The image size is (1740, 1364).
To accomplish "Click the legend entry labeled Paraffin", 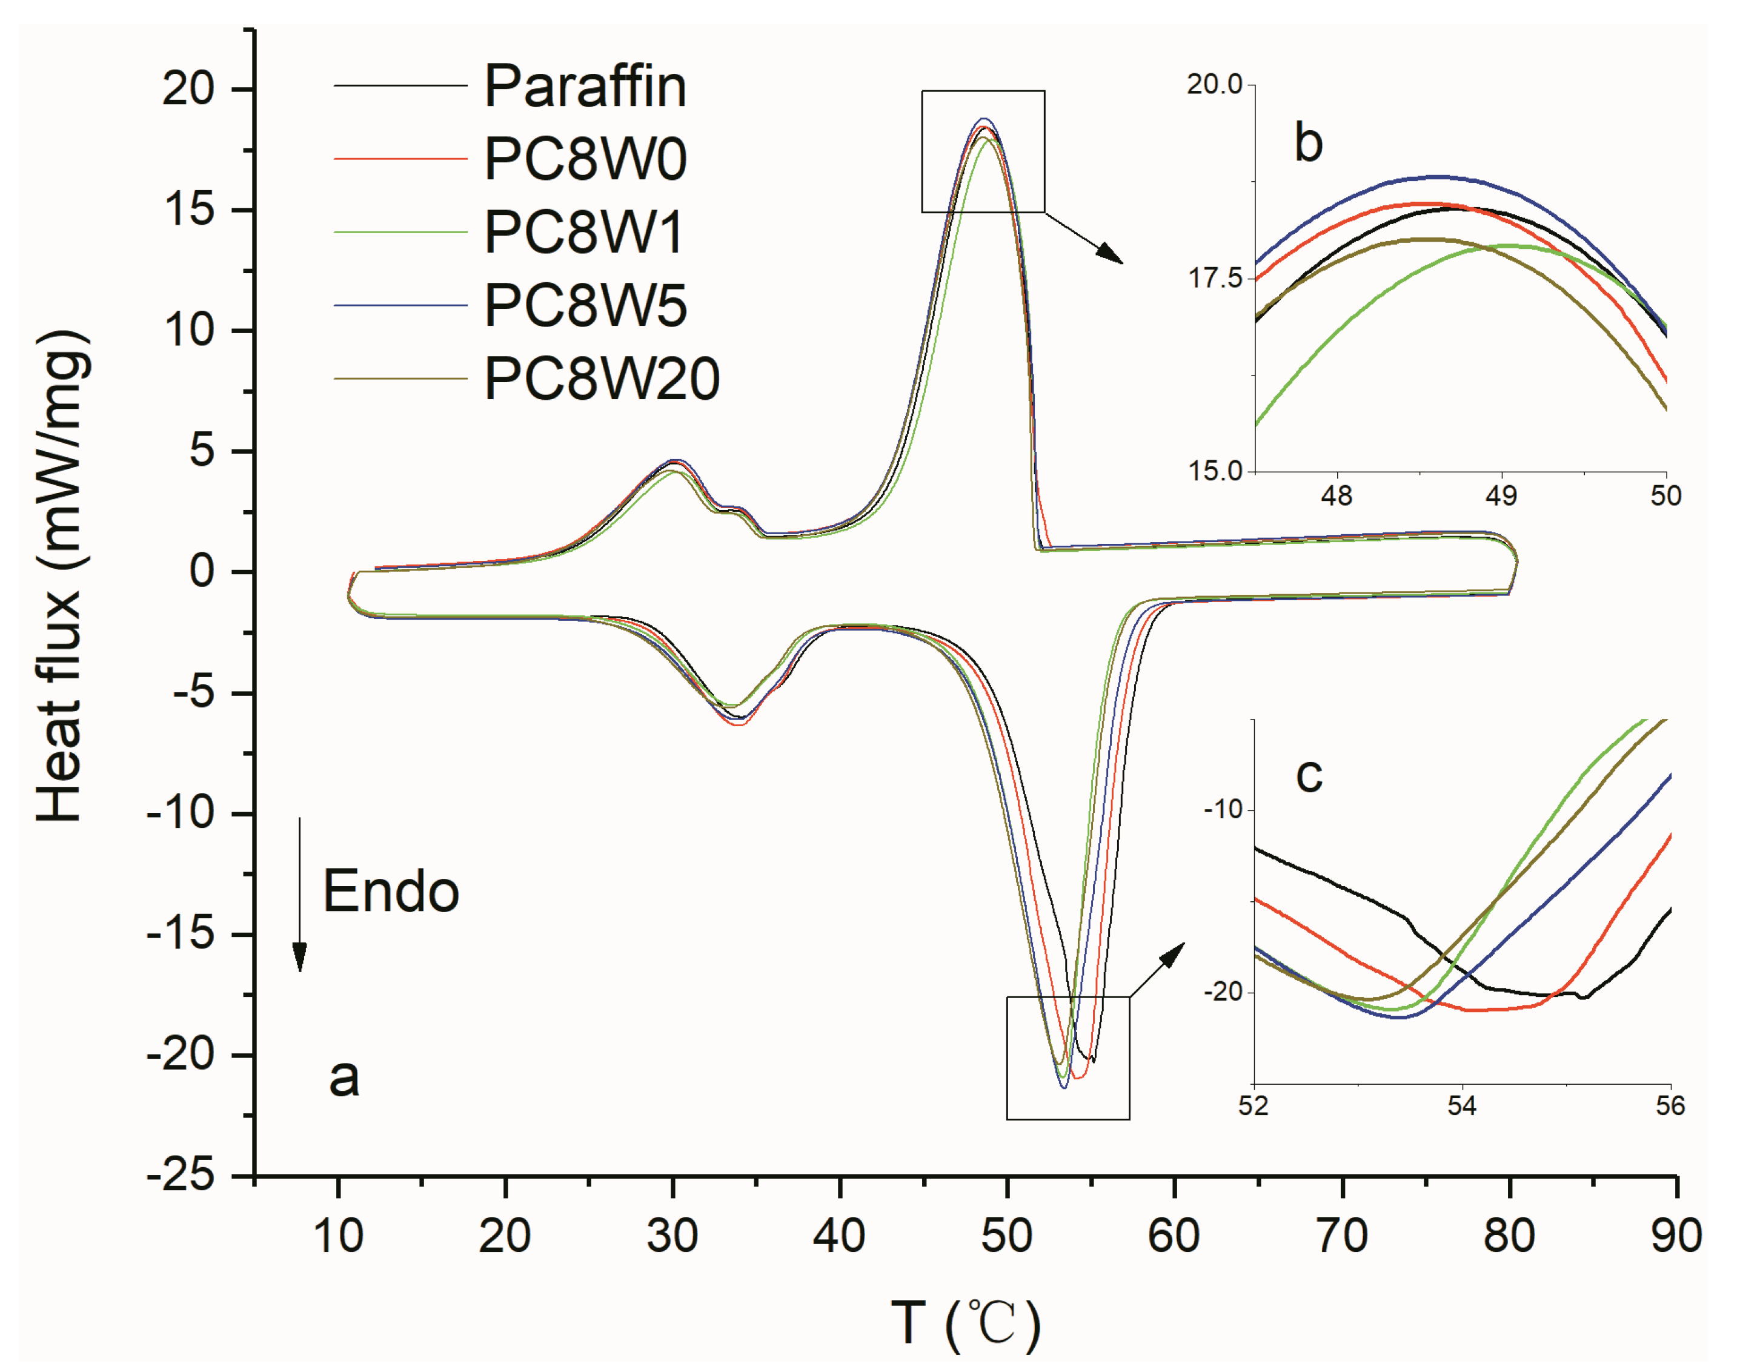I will [585, 85].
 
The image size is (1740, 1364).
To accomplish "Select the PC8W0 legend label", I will [585, 158].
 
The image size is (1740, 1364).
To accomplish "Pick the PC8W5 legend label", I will [585, 305].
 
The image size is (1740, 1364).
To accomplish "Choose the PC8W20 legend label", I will [602, 379].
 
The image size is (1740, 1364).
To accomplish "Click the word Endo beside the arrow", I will [391, 891].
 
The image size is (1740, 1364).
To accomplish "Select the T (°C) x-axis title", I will [965, 1324].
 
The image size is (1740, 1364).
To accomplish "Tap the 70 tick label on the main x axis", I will [1341, 1236].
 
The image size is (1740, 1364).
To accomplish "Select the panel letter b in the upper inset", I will [1308, 142].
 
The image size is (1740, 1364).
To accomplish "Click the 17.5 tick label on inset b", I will [1215, 278].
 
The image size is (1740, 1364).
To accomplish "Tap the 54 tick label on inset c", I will [1461, 1106].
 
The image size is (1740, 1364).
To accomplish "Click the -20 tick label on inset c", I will [1223, 992].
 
